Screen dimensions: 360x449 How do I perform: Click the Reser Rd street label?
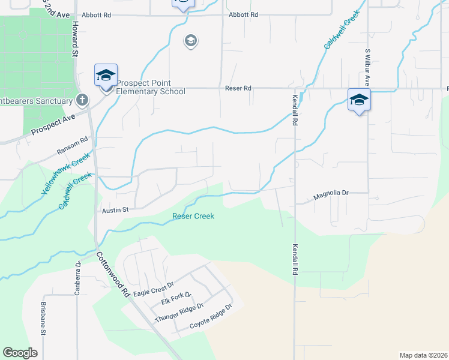pos(238,88)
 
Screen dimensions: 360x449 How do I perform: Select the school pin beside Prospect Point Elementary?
pos(106,76)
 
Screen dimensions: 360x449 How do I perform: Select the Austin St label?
pos(115,210)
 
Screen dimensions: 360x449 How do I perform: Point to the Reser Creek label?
pos(193,216)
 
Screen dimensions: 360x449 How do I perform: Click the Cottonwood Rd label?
pos(113,274)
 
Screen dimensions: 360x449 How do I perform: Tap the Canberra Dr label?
pos(77,278)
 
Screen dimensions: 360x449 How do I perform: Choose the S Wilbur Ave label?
pos(367,68)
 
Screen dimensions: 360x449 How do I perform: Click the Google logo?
pos(20,353)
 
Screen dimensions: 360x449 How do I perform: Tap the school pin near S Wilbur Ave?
pos(359,100)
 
